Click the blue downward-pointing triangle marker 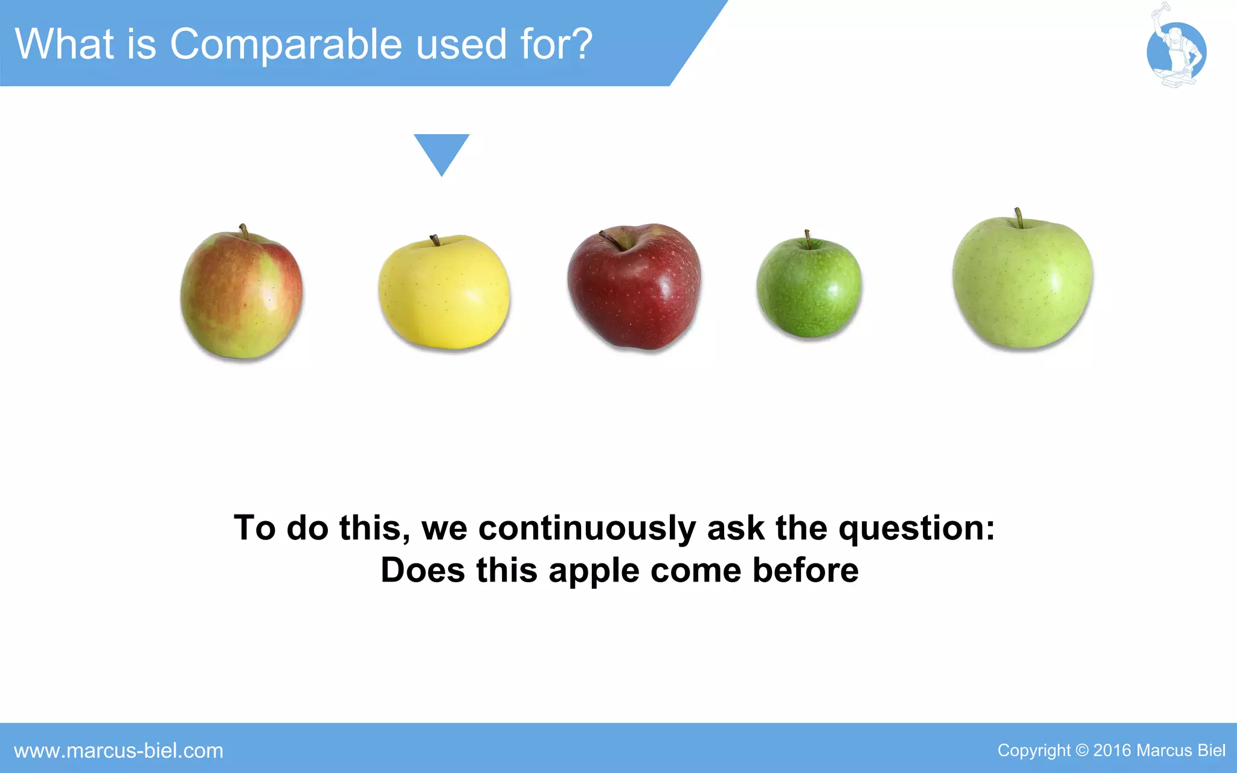point(442,152)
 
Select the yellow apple point(445,293)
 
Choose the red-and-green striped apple point(242,295)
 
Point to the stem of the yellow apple point(435,240)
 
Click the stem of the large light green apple point(1019,217)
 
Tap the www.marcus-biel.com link point(118,751)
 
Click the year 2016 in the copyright point(1112,751)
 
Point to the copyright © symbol point(1082,751)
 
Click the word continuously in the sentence point(586,528)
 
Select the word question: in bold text point(916,528)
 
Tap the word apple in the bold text point(594,571)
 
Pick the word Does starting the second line point(423,570)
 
